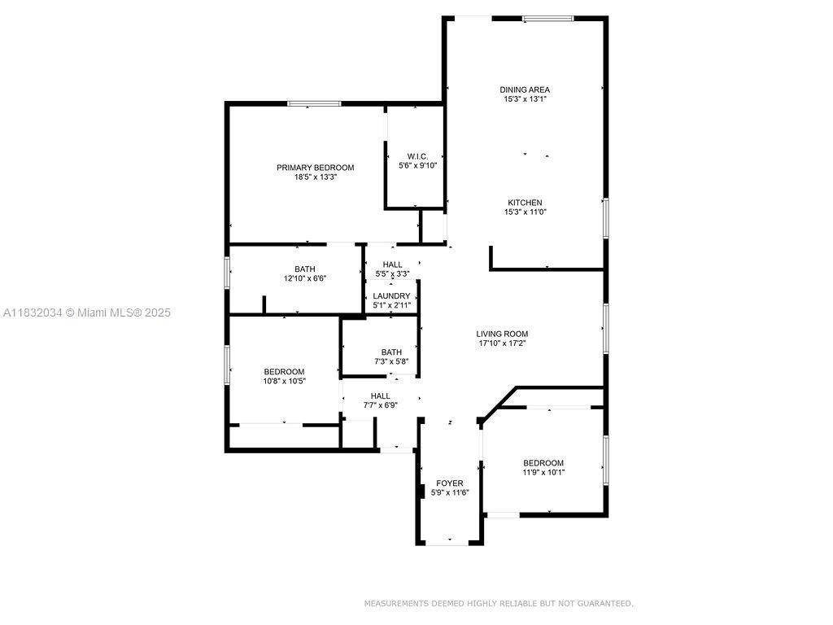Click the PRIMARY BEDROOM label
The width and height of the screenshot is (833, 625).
pyautogui.click(x=315, y=168)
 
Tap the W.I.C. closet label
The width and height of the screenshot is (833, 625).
pyautogui.click(x=417, y=156)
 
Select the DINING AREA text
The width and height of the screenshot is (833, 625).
pyautogui.click(x=525, y=90)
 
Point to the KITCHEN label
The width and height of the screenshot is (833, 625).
pyautogui.click(x=525, y=203)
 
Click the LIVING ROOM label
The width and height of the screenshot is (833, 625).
pyautogui.click(x=502, y=334)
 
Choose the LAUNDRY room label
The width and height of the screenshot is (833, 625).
pyautogui.click(x=391, y=296)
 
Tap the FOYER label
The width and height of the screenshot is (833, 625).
pyautogui.click(x=449, y=483)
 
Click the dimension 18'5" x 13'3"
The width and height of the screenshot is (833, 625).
pyautogui.click(x=316, y=177)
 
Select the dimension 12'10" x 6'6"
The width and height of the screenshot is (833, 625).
pyautogui.click(x=305, y=278)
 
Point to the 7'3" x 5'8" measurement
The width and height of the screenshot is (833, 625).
pyautogui.click(x=391, y=361)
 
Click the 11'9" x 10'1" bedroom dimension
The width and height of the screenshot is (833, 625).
pyautogui.click(x=543, y=472)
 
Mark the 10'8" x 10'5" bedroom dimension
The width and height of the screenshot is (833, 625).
pyautogui.click(x=284, y=381)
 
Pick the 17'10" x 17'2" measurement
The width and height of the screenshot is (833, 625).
pyautogui.click(x=503, y=343)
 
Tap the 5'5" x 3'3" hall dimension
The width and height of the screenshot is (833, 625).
pyautogui.click(x=393, y=273)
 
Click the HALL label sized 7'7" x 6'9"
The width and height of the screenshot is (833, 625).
pyautogui.click(x=381, y=396)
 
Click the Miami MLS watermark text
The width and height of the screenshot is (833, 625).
pyautogui.click(x=87, y=312)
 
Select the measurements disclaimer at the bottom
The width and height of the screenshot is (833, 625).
pyautogui.click(x=499, y=603)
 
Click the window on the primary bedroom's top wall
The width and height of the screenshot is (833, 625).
pyautogui.click(x=314, y=103)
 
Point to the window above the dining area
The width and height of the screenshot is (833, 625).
pyautogui.click(x=547, y=19)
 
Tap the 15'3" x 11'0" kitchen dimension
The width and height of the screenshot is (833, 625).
pyautogui.click(x=526, y=212)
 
